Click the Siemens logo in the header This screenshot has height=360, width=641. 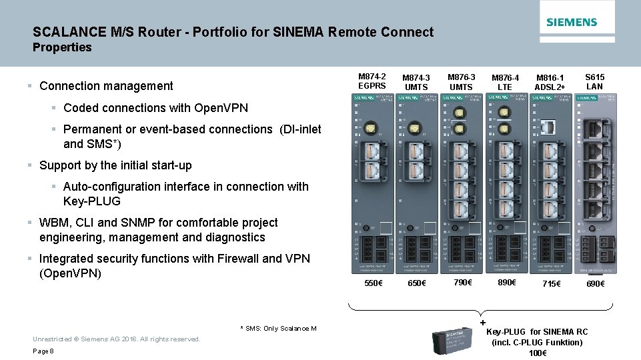(x=572, y=22)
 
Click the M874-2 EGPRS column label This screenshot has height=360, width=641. (x=372, y=81)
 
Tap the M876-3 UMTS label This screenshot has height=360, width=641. (x=461, y=82)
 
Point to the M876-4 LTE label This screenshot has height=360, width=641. (x=505, y=83)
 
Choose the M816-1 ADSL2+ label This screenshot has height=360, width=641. (x=550, y=83)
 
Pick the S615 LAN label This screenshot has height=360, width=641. (x=594, y=81)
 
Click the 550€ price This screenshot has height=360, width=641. (x=374, y=283)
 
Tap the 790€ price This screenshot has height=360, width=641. (x=462, y=283)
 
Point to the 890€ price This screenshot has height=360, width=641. (x=507, y=283)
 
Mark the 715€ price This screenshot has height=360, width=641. (x=551, y=283)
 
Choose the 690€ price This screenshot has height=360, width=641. (x=595, y=283)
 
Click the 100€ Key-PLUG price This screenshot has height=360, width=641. (x=537, y=353)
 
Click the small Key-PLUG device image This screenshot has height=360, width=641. (x=452, y=340)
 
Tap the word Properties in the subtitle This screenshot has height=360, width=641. (x=62, y=47)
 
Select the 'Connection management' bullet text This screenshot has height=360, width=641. (x=106, y=86)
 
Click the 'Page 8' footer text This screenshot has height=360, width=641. (x=43, y=351)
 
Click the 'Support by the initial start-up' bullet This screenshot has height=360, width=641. (x=115, y=165)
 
